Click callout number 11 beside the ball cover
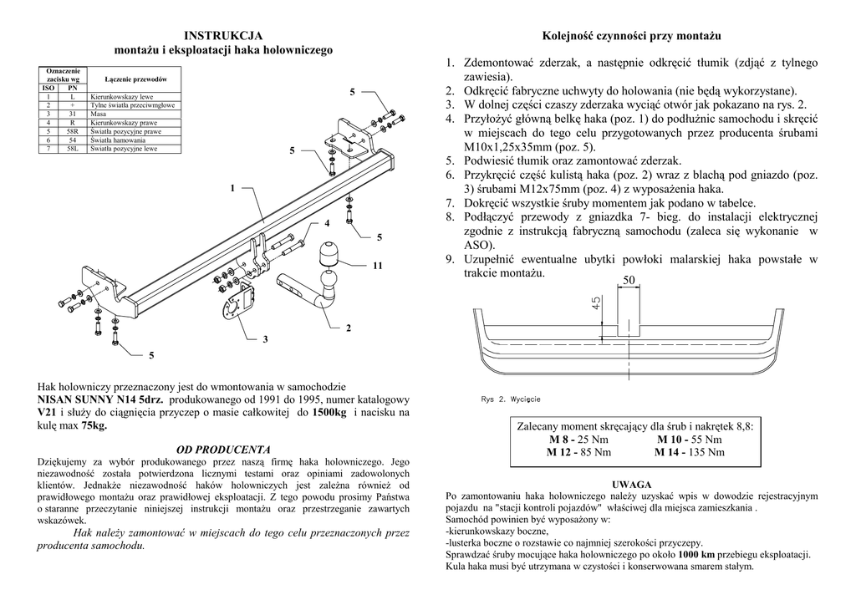pos(377,266)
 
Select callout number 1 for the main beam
pos(232,188)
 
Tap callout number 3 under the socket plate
pos(265,338)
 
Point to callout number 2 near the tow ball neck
pos(348,328)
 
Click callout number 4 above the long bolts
pos(328,223)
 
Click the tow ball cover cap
pos(328,252)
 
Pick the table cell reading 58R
pos(73,132)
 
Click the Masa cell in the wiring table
pos(97,114)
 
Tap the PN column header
pos(73,88)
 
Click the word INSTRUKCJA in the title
pos(223,35)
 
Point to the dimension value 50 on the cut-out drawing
pos(629,280)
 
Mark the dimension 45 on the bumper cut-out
pos(596,302)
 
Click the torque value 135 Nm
pos(703,452)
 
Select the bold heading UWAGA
pos(632,484)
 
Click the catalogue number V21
pos(47,413)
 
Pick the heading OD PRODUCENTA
pos(223,449)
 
